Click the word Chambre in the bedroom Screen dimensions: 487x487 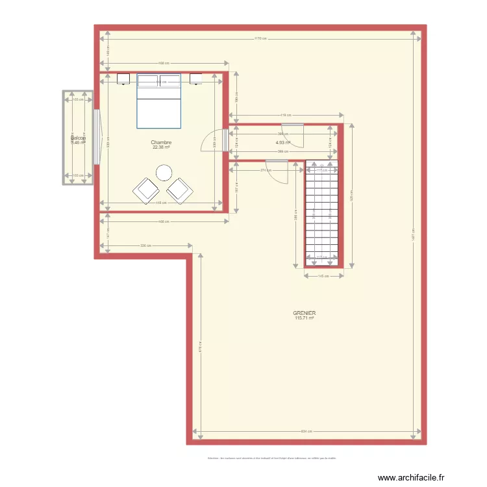point(161,142)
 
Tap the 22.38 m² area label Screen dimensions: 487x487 point(161,147)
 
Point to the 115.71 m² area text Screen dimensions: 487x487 point(304,318)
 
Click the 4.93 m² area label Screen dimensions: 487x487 point(282,143)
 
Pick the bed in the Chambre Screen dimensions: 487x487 point(158,101)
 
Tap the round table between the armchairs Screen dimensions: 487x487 point(164,173)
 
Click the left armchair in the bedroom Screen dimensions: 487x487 point(145,190)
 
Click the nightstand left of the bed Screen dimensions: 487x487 point(123,79)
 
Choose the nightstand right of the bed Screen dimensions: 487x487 point(195,79)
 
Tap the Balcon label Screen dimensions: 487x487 point(78,138)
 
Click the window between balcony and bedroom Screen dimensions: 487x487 point(97,137)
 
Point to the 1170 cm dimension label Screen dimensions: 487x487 point(260,38)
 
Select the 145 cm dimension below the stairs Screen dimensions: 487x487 point(322,276)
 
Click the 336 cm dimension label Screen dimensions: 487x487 point(145,245)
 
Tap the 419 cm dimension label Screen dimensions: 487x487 point(284,116)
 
